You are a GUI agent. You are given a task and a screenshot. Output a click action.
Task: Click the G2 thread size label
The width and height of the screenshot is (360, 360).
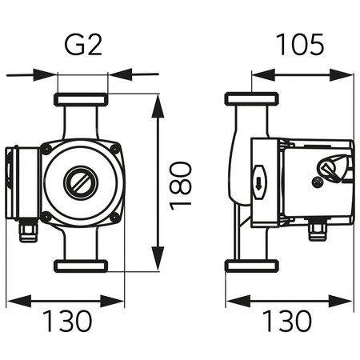tap(83, 45)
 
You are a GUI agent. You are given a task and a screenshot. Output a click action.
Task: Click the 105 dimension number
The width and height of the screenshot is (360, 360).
tap(300, 44)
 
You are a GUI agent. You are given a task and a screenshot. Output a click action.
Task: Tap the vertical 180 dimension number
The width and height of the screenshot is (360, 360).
tap(181, 186)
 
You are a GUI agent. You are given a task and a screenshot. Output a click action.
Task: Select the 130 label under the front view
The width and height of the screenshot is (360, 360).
tap(67, 321)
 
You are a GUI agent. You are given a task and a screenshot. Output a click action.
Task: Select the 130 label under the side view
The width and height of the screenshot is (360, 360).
tap(286, 321)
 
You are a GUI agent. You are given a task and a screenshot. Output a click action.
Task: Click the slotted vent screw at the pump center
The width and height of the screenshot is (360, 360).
tap(81, 182)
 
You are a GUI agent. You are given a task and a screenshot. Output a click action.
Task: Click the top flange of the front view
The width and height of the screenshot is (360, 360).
tap(81, 99)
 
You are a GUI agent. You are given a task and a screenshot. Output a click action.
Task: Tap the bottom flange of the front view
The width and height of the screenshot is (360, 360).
tap(81, 266)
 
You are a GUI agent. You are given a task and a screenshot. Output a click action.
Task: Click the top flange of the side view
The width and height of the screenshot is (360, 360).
tap(252, 98)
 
